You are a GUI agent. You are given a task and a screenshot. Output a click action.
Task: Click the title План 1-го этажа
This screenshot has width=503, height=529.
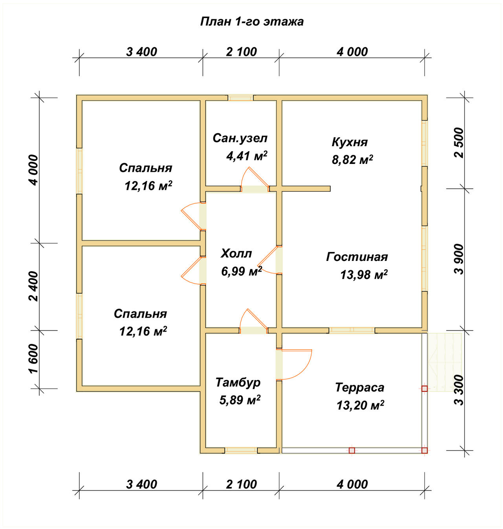251,22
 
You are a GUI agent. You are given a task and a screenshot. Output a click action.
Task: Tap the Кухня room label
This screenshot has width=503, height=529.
350,142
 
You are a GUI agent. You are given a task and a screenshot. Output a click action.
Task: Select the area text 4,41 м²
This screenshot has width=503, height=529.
247,156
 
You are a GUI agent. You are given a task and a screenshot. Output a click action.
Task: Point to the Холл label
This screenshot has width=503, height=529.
236,253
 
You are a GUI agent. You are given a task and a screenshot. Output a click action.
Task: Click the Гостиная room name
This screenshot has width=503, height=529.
357,257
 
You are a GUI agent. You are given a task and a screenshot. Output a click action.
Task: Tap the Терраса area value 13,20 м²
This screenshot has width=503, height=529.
360,405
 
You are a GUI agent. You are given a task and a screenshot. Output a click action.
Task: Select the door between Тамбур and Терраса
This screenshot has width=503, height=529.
294,364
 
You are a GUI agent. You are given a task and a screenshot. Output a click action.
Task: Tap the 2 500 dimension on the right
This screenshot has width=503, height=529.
459,143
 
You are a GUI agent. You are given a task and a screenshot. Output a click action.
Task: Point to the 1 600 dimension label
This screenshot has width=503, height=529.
34,358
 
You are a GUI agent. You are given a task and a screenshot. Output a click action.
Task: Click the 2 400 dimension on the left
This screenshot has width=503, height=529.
34,286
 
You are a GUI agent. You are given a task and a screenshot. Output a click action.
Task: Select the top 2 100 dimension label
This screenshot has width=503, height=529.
241,52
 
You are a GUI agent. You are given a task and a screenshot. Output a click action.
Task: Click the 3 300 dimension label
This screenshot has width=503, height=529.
459,390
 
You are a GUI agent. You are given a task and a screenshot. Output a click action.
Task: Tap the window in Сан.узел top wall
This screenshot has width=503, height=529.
240,98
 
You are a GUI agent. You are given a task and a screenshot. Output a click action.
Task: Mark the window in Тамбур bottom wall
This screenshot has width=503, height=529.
241,450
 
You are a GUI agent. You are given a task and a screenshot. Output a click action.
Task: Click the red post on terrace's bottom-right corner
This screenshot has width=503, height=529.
424,450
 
